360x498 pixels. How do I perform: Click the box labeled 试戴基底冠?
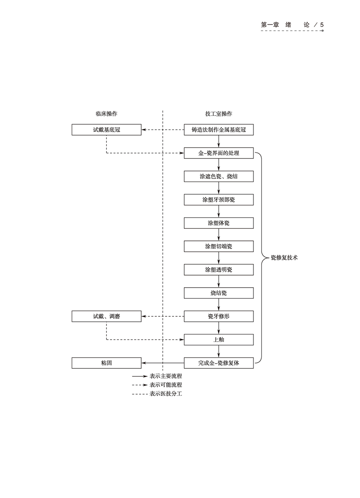(x=106, y=130)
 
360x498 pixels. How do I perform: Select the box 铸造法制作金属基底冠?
(x=219, y=130)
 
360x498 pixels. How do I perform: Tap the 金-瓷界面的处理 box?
(x=219, y=153)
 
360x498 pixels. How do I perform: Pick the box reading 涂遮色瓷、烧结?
(x=219, y=176)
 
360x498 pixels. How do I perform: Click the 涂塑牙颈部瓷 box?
(x=219, y=200)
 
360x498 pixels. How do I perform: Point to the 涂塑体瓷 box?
(x=219, y=223)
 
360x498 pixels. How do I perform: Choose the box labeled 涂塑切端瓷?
(x=219, y=246)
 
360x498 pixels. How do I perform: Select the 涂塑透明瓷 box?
(x=219, y=270)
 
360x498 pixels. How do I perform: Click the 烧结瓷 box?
(x=219, y=293)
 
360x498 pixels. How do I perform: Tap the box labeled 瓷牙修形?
(x=219, y=316)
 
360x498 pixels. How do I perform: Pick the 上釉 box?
(x=219, y=340)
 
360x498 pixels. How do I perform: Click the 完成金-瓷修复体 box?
(x=219, y=363)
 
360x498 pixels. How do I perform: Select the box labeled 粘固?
(x=106, y=363)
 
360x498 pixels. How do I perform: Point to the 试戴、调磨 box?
(x=106, y=316)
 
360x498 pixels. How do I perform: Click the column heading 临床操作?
(x=106, y=114)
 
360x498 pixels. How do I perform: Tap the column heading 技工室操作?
(x=219, y=114)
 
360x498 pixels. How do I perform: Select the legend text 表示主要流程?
(x=166, y=376)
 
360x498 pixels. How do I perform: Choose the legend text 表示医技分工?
(x=166, y=394)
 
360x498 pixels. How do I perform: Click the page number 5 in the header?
(x=322, y=25)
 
